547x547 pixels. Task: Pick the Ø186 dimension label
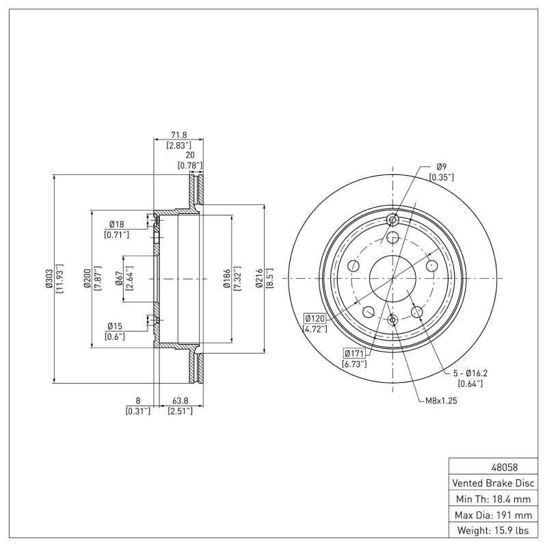pyautogui.click(x=225, y=281)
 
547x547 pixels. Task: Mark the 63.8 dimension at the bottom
pyautogui.click(x=180, y=402)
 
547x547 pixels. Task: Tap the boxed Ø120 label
pyautogui.click(x=315, y=319)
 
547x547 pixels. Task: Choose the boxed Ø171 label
pyautogui.click(x=354, y=353)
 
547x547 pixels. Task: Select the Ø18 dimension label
pyautogui.click(x=116, y=225)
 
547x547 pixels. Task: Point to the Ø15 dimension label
pyautogui.click(x=114, y=326)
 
